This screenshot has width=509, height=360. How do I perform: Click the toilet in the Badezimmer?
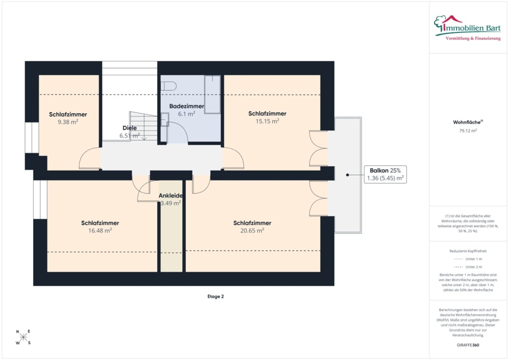[x=168, y=86]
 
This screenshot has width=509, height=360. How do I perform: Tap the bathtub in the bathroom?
[x=212, y=95]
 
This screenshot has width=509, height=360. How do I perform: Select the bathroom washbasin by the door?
[x=165, y=120]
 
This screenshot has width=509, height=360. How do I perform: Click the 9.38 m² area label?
[x=68, y=122]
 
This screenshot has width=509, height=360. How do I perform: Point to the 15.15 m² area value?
[x=267, y=121]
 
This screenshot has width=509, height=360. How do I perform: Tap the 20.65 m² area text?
[x=252, y=230]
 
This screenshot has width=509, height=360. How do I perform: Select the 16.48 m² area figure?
[x=100, y=230]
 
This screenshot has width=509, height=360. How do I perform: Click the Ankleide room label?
[x=171, y=195]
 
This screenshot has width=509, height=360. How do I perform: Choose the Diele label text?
[x=130, y=128]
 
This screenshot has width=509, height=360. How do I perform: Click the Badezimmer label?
[x=186, y=106]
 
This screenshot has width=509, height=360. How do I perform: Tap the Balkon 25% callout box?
[x=385, y=174]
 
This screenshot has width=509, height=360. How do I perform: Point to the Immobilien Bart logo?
[x=467, y=28]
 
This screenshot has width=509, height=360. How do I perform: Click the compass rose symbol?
[x=23, y=337]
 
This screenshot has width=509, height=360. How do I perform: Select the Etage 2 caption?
[x=215, y=296]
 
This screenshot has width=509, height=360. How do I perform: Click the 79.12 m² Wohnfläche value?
[x=468, y=131]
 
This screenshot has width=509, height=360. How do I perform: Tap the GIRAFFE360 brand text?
[x=468, y=345]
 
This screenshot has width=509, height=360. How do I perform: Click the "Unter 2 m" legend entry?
[x=468, y=267]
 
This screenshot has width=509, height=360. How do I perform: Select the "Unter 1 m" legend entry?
[x=468, y=259]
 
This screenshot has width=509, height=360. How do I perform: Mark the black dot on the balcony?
[x=347, y=175]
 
